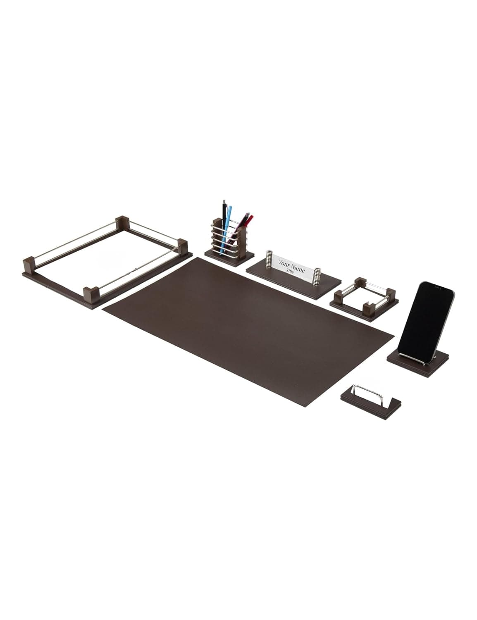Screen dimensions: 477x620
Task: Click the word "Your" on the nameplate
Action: (284, 263)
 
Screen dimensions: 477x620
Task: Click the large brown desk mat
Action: (248, 331)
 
